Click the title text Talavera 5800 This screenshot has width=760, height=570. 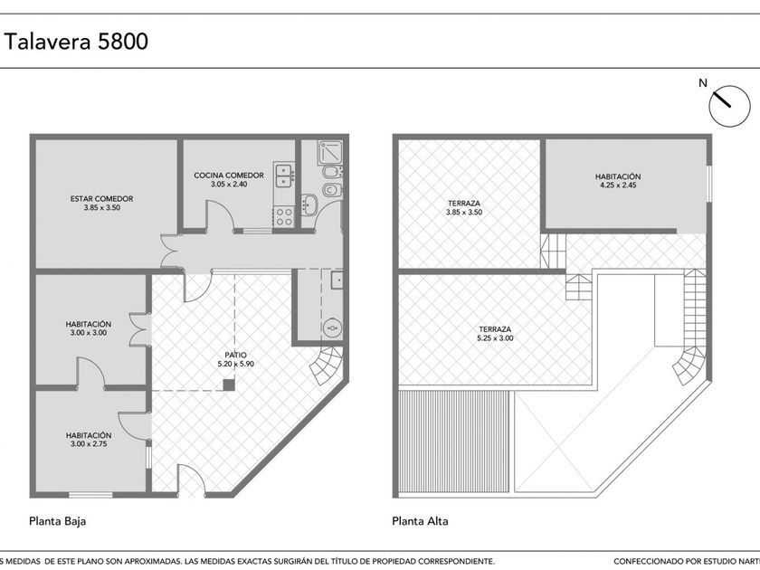click(76, 42)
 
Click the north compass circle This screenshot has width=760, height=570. click(729, 106)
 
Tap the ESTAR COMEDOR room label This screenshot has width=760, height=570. click(101, 199)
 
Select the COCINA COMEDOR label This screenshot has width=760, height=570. click(229, 176)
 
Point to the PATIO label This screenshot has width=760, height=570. click(235, 356)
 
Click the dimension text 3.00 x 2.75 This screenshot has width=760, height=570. click(89, 444)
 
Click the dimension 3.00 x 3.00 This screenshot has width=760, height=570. click(89, 333)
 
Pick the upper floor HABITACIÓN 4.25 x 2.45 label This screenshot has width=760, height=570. click(618, 181)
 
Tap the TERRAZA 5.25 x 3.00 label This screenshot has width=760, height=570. click(495, 334)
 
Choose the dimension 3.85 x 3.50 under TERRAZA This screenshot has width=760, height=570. click(464, 213)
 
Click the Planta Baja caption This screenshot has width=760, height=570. click(58, 521)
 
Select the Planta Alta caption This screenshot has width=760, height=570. click(420, 521)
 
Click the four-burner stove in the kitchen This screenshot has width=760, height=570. click(284, 216)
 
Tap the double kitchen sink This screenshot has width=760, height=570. click(283, 176)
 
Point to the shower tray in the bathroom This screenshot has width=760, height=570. click(330, 152)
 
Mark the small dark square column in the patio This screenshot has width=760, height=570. click(229, 385)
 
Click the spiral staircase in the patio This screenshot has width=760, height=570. click(327, 365)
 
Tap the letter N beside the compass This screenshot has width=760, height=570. click(703, 83)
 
